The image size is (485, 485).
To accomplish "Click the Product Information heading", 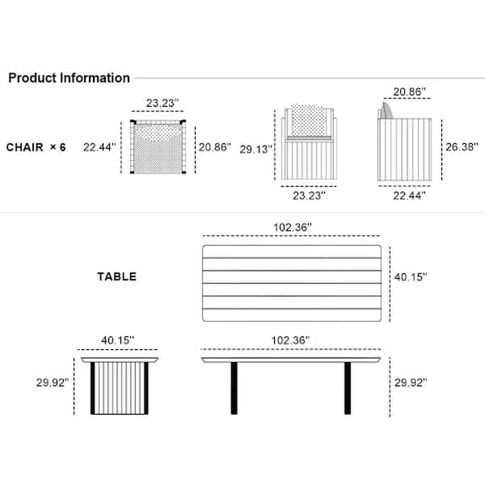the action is pos(69,78).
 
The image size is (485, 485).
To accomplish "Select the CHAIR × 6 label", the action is pos(36,147).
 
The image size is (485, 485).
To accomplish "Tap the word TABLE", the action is pos(117,276).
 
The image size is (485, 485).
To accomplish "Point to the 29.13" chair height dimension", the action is pos(255,150).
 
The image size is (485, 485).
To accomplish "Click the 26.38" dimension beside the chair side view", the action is pos(462,147).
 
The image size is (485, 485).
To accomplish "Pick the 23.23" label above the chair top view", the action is pos(162,103).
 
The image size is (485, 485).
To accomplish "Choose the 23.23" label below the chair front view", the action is pos(309,196).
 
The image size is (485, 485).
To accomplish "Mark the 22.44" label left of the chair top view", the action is pos(99,147).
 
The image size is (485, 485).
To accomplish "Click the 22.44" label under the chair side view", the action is pos(409,196).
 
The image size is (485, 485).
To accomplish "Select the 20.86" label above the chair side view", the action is pos(409,92).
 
